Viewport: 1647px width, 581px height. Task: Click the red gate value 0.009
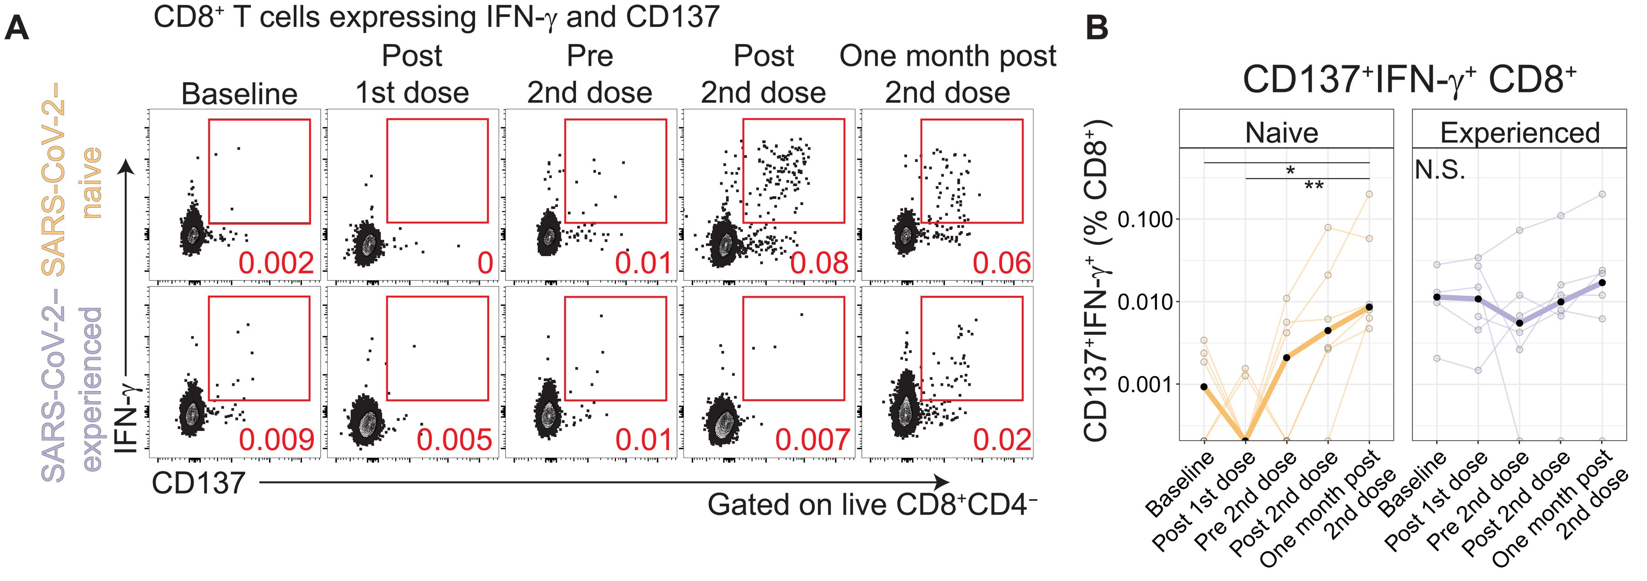tap(276, 440)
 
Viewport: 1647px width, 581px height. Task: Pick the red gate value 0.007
tap(812, 440)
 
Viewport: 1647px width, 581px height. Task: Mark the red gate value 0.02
tap(1001, 440)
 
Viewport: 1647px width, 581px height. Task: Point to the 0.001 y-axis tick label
tap(1145, 385)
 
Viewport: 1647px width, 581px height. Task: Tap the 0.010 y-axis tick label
tap(1145, 301)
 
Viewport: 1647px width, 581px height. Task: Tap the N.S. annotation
tap(1440, 171)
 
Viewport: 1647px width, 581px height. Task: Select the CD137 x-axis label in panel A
tap(198, 483)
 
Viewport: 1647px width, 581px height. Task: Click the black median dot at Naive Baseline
tap(1204, 387)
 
